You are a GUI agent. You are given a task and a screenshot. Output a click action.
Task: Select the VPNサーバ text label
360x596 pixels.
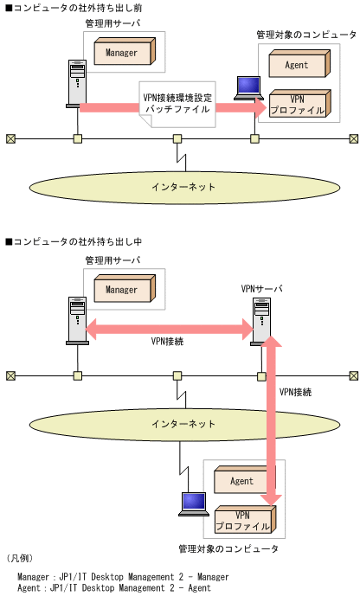tap(262, 287)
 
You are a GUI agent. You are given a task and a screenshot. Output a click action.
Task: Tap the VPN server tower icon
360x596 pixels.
tap(261, 321)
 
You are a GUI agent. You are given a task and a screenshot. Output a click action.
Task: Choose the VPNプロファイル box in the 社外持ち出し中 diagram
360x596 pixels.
tap(243, 520)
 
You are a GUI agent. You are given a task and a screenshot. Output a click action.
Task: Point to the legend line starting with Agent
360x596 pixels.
tap(113, 587)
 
